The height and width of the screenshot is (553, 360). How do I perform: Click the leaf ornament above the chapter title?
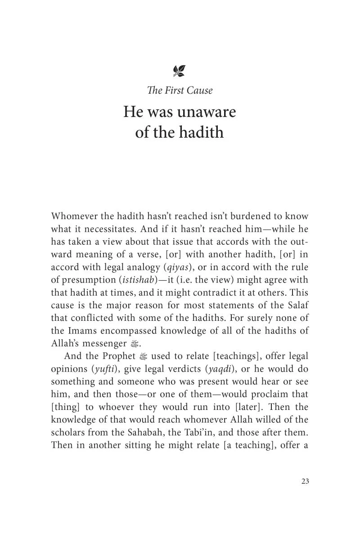tap(179, 71)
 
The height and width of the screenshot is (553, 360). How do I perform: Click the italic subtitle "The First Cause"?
tap(180, 90)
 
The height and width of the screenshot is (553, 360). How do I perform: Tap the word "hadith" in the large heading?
tap(201, 132)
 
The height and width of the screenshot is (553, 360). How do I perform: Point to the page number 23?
tap(305, 481)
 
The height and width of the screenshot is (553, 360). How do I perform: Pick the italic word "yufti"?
tap(103, 369)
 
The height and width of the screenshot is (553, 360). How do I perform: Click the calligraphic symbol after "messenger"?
tap(133, 344)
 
